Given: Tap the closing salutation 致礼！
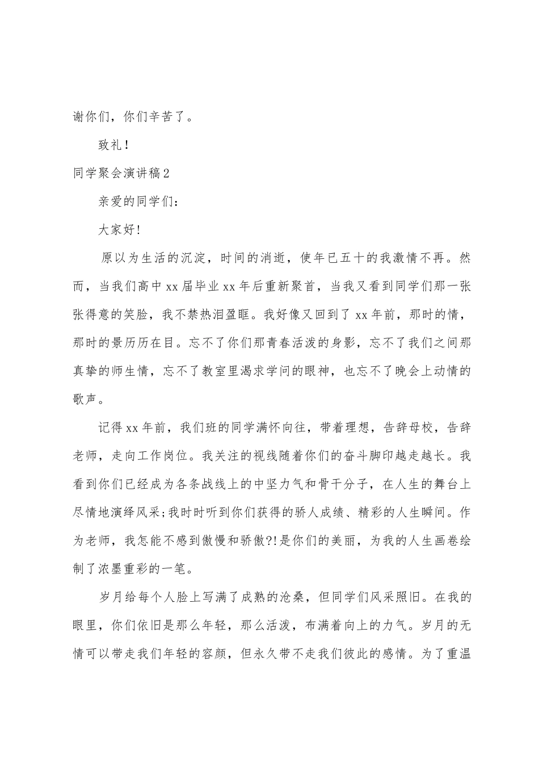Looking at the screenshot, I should tap(114, 145).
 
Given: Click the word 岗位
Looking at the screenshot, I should tap(180, 456).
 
